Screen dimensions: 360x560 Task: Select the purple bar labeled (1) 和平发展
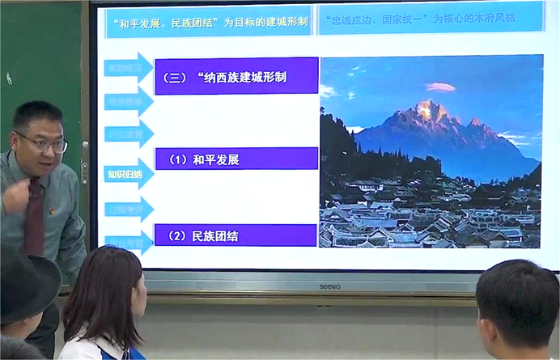(235, 159)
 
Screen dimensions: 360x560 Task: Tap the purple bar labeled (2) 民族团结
(235, 235)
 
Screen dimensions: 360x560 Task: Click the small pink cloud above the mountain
(440, 87)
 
